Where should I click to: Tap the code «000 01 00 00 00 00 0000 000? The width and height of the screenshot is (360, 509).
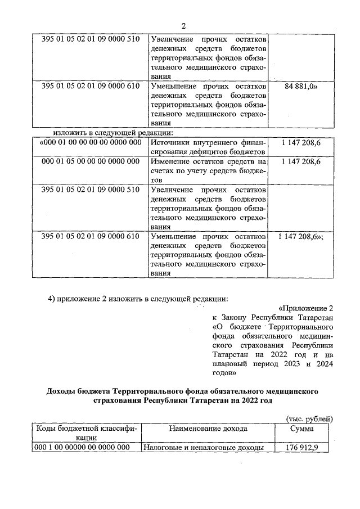click(x=90, y=143)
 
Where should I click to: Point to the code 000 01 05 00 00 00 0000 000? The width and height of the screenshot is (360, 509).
click(x=91, y=161)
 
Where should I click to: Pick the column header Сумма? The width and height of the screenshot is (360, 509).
click(x=301, y=429)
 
